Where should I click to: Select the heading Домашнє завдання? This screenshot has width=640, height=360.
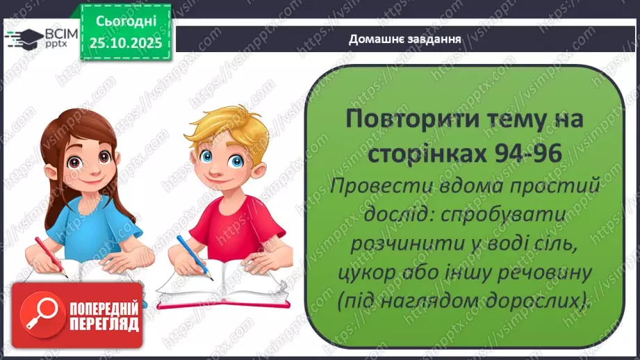click(406, 39)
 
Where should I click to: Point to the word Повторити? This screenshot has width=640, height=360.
click(410, 120)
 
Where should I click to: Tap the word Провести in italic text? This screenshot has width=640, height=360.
click(379, 186)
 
